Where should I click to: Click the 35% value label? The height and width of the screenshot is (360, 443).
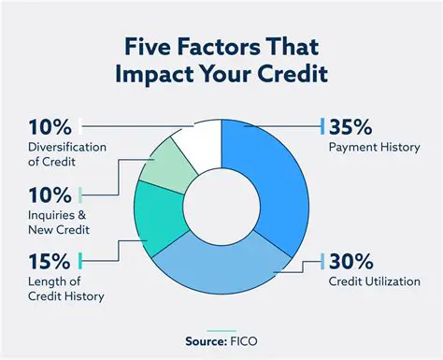(x=351, y=126)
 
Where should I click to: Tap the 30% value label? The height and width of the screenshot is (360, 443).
(x=351, y=261)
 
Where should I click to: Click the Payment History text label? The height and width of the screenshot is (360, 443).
(x=374, y=147)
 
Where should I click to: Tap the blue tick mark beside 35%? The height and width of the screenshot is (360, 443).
(x=322, y=126)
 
